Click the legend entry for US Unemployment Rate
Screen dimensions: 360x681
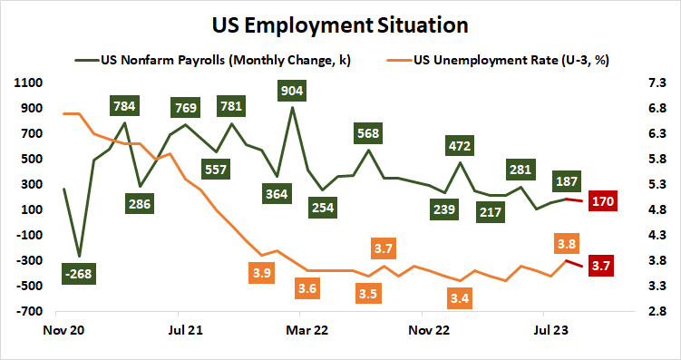509,61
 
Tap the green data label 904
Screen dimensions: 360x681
292,91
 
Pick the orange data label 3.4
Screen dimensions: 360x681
459,297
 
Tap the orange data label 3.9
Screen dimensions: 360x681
263,272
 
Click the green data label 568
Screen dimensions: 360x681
368,133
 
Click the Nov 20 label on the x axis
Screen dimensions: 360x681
63,331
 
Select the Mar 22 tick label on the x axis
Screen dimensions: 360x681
306,331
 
